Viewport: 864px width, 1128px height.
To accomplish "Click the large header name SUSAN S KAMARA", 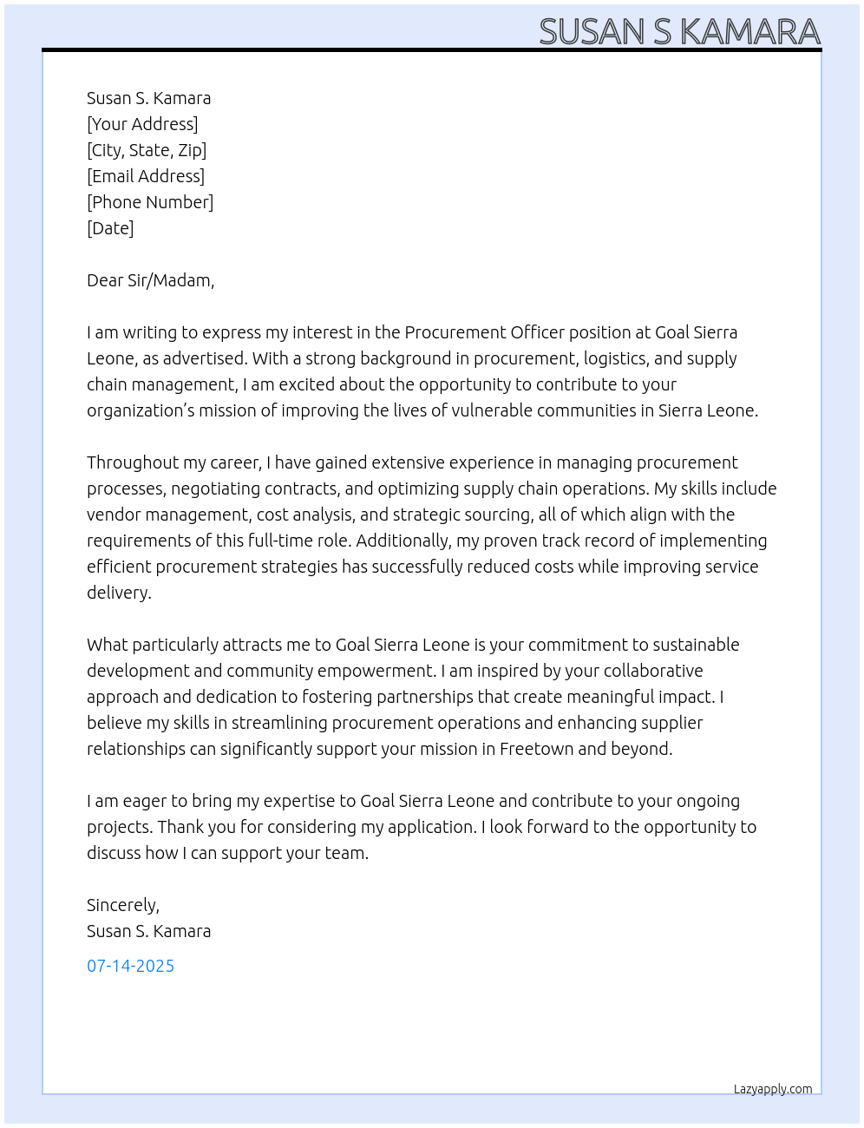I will point(679,31).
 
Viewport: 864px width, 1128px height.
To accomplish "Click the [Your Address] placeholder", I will point(142,124).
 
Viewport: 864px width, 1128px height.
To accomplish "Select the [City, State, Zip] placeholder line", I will point(147,150).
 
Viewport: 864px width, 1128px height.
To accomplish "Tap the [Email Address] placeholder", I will point(146,176).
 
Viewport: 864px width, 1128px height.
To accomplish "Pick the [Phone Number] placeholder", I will point(150,202).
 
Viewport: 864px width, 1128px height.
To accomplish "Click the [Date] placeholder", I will point(110,228).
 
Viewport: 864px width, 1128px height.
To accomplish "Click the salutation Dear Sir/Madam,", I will point(150,280).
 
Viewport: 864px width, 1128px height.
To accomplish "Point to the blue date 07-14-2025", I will point(130,966).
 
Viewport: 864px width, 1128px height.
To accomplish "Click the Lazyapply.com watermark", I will point(772,1089).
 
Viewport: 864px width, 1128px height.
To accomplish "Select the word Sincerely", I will point(122,905).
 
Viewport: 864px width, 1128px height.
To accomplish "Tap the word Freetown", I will point(536,749).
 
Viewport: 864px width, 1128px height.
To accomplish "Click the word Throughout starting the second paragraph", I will point(132,462).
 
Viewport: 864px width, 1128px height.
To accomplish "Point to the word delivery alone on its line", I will point(118,593).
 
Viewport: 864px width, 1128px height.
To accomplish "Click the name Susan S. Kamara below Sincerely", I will point(148,931).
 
